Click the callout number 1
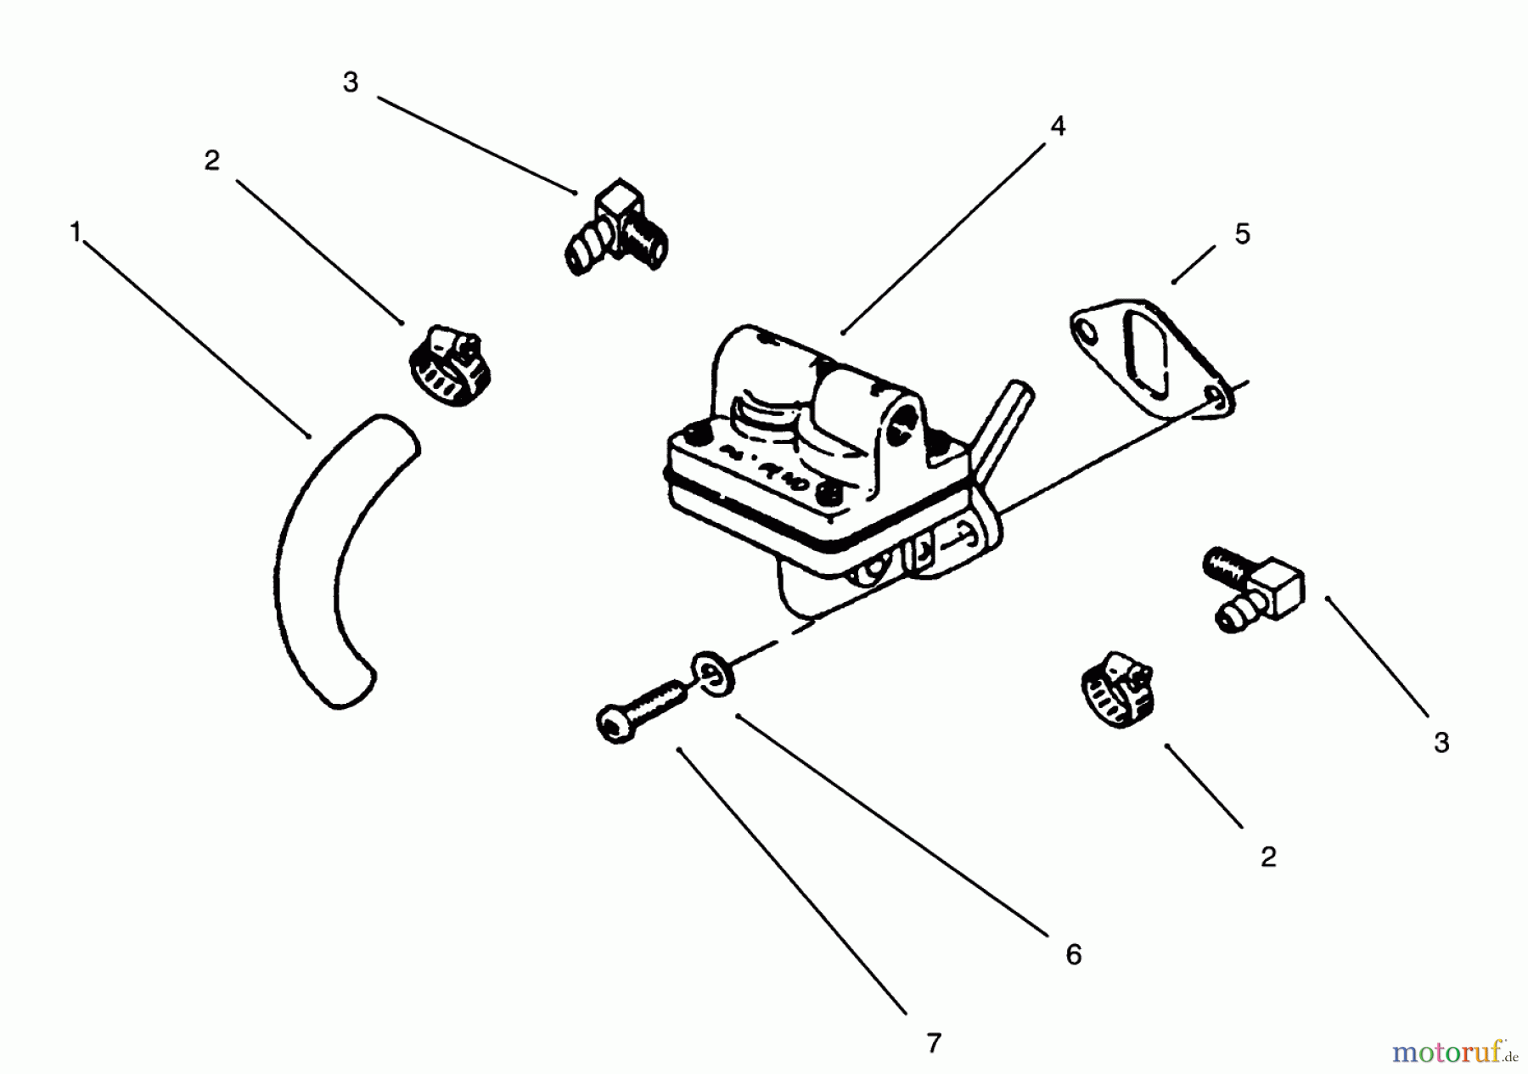pos(75,232)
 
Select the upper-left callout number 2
pos(212,160)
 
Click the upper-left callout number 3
pos(351,82)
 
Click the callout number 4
pos(1057,126)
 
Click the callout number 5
pos(1242,234)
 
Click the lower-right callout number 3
pos(1441,743)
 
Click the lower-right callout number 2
pos(1268,857)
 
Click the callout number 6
pos(1074,954)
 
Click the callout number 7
pos(934,1043)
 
